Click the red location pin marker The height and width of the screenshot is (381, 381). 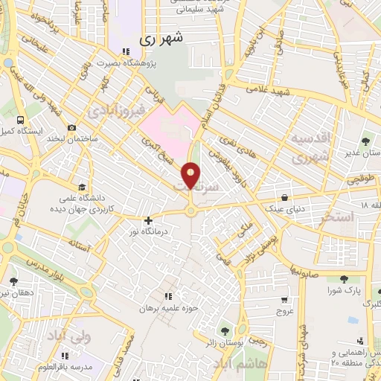point(191,176)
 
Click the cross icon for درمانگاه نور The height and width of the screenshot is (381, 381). point(148,220)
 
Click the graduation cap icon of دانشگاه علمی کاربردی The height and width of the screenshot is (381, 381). point(80,187)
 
